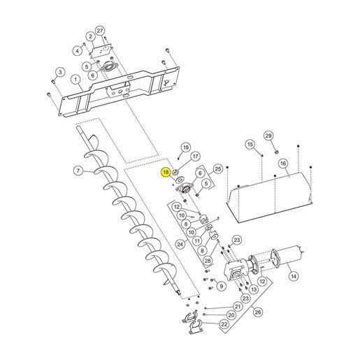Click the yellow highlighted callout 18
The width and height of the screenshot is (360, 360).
166,172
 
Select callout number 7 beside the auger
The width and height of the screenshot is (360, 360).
78,171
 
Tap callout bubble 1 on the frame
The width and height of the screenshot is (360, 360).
75,80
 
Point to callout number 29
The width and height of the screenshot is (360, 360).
268,136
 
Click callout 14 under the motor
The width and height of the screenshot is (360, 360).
294,276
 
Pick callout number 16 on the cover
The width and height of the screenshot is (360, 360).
283,164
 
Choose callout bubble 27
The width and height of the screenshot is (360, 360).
100,31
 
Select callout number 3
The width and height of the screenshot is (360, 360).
60,72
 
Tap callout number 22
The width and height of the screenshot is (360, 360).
224,324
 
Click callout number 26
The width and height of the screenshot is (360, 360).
258,312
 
